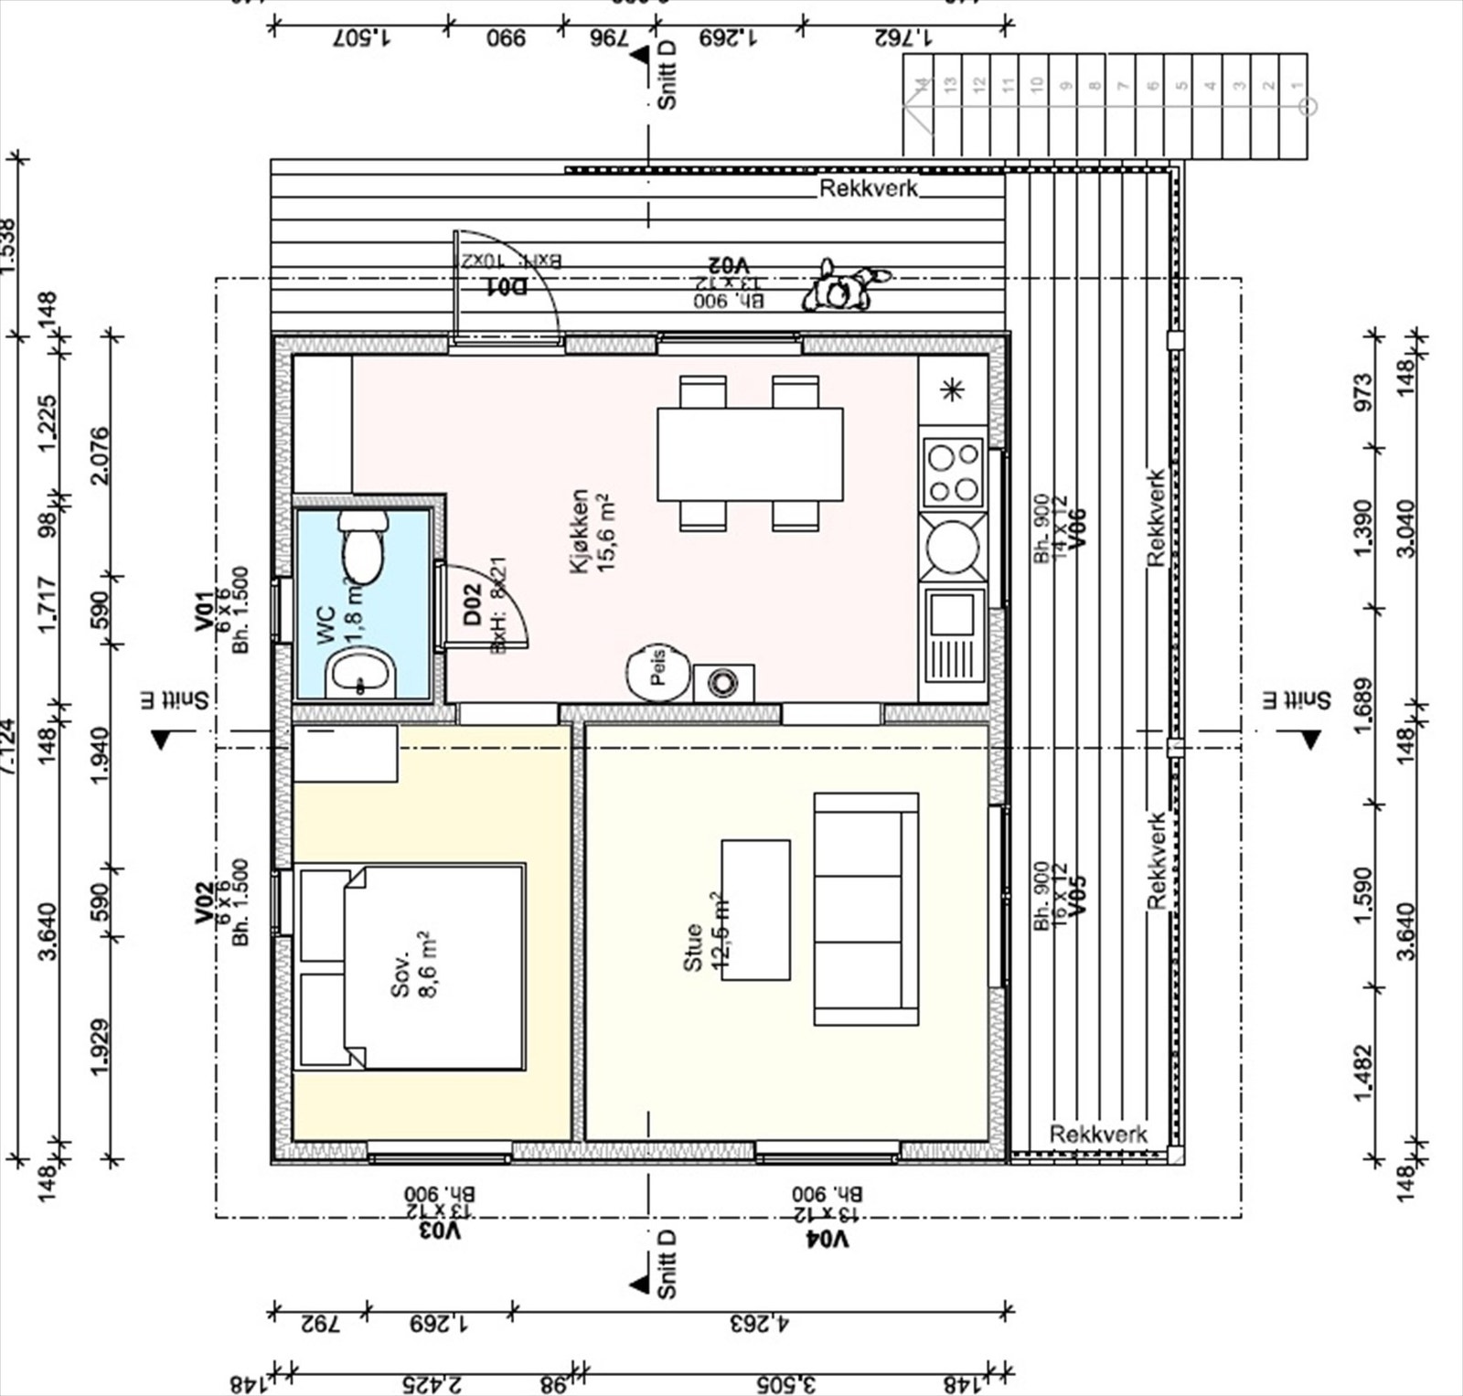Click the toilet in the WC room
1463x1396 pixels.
click(362, 549)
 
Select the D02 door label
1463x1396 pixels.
click(472, 605)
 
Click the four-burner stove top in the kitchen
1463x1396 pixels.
click(953, 473)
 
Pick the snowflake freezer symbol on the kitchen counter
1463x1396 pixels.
click(953, 391)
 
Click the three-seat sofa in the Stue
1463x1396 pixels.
click(866, 909)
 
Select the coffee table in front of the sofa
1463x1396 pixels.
click(756, 910)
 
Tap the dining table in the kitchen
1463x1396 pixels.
click(750, 454)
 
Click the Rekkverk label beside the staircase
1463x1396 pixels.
click(868, 188)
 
